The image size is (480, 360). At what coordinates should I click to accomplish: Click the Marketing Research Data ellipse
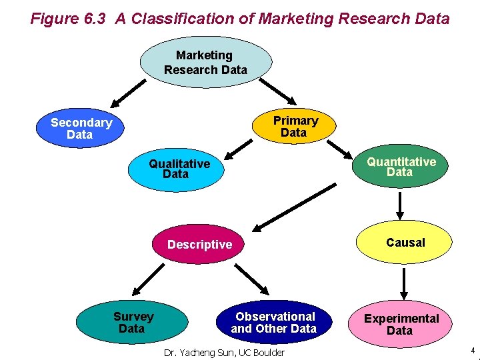[x=205, y=63]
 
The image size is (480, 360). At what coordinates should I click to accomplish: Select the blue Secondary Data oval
[x=81, y=129]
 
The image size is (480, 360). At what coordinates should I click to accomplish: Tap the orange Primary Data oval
[x=295, y=127]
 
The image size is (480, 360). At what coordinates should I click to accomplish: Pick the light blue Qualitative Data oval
[x=178, y=169]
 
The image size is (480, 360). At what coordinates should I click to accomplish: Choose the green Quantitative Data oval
[x=401, y=167]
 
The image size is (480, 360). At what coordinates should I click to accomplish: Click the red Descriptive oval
[x=199, y=245]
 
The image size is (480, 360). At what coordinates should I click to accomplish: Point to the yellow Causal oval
[x=405, y=243]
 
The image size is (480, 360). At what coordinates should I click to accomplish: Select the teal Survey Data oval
[x=132, y=323]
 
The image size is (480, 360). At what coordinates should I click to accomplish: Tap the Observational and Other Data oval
[x=274, y=323]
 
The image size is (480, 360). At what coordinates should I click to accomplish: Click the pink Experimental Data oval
[x=401, y=325]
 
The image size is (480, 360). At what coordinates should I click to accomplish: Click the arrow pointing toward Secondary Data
[x=127, y=93]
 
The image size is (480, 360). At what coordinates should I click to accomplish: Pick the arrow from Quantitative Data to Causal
[x=400, y=205]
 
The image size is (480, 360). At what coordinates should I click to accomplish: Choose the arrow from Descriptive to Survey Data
[x=147, y=279]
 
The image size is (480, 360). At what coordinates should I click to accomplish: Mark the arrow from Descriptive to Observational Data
[x=254, y=279]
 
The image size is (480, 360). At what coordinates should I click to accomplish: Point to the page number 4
[x=472, y=351]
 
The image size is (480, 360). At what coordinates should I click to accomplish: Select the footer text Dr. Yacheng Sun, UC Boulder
[x=224, y=353]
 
